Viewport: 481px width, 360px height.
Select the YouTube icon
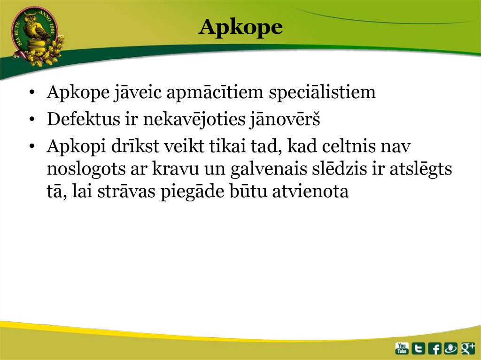[x=402, y=348]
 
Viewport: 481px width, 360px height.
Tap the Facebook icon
[x=434, y=348]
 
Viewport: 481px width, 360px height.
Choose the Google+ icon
[x=468, y=348]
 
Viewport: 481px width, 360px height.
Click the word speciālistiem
[x=322, y=93]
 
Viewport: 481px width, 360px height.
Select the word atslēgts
[x=421, y=169]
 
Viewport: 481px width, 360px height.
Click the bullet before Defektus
[x=31, y=121]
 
